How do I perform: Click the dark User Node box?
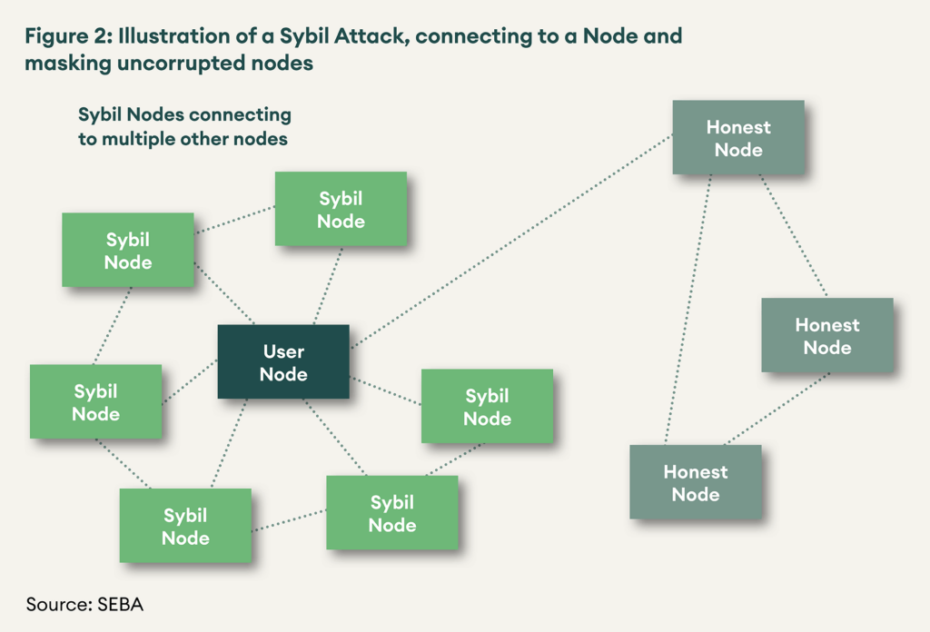coord(283,361)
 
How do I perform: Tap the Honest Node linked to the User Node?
coord(737,138)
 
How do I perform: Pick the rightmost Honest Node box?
coord(826,335)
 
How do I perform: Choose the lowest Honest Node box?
coord(696,482)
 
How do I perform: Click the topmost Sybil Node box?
coord(341,210)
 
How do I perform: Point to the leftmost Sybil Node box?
coord(95,402)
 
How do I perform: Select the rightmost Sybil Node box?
coord(487,407)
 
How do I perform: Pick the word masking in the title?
coord(64,64)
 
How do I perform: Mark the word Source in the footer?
coord(55,604)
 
